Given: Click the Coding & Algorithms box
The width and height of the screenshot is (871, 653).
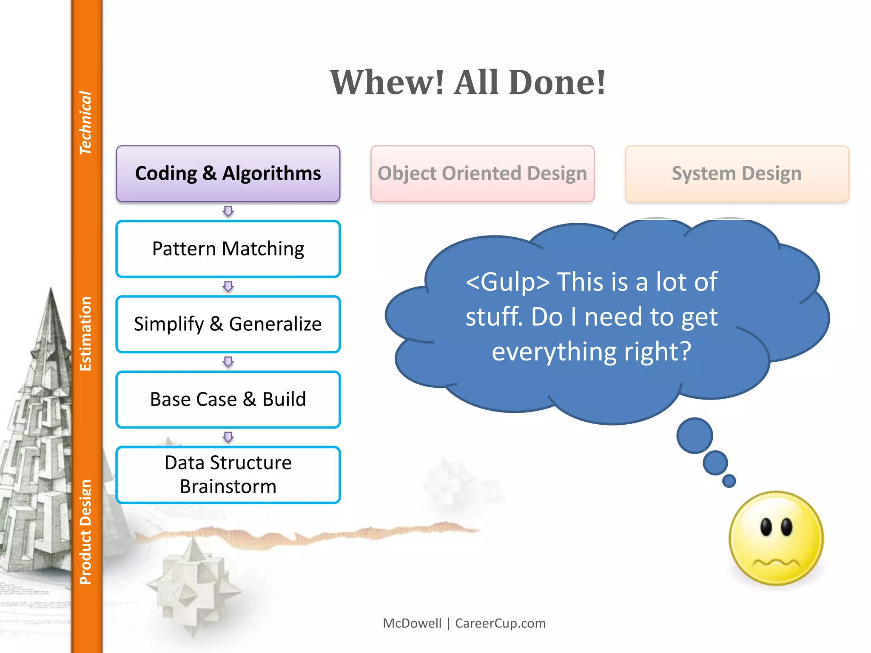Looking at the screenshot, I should [x=228, y=173].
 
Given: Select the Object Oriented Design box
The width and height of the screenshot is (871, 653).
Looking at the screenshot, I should [x=482, y=173].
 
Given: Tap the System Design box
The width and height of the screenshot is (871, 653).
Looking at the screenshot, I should [x=737, y=173].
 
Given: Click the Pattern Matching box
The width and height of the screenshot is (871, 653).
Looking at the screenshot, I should [x=228, y=249].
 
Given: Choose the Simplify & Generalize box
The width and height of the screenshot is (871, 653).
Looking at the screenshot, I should [x=228, y=324].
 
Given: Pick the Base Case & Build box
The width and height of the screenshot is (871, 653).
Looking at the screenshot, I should [x=228, y=399].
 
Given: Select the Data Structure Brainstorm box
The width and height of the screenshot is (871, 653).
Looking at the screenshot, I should [x=228, y=474].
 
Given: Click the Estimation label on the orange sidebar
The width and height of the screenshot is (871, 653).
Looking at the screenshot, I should [x=85, y=334].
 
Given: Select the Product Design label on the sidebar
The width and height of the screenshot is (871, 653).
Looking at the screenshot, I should [x=85, y=532].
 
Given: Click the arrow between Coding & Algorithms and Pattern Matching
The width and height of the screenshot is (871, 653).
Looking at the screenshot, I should [x=228, y=211].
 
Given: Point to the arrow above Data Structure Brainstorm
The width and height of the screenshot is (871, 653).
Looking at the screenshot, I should [x=228, y=437].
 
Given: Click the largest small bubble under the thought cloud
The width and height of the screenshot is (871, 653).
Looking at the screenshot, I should [x=695, y=435].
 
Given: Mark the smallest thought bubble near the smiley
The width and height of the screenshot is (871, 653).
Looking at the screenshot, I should [x=729, y=481].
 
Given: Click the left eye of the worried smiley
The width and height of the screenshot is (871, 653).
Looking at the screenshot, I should [x=766, y=527].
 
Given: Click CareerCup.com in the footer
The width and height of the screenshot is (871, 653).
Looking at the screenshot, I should [x=500, y=623].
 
